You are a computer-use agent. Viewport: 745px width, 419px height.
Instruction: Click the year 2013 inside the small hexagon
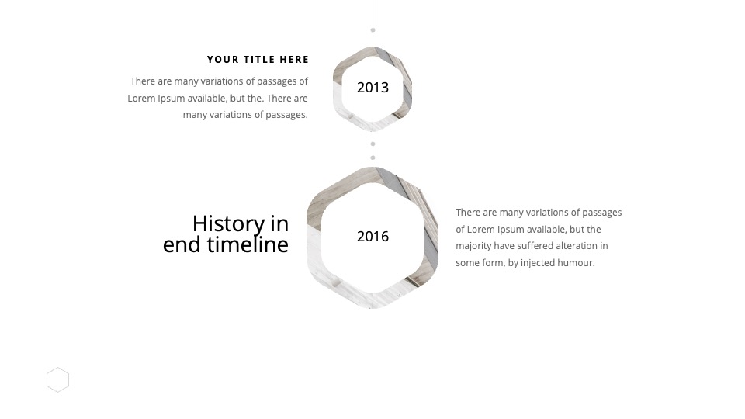click(373, 88)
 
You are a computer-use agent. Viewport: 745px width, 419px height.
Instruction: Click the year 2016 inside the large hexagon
click(373, 236)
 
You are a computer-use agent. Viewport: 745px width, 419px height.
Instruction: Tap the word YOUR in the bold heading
click(223, 60)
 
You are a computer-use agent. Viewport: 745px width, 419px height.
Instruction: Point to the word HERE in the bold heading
click(294, 60)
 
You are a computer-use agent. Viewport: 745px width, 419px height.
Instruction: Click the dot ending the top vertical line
click(373, 30)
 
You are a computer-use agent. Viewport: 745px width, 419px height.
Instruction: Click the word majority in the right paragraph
click(473, 246)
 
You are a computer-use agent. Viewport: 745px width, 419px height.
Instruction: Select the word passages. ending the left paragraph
click(286, 115)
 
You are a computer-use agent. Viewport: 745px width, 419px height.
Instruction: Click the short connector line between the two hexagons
click(373, 151)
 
